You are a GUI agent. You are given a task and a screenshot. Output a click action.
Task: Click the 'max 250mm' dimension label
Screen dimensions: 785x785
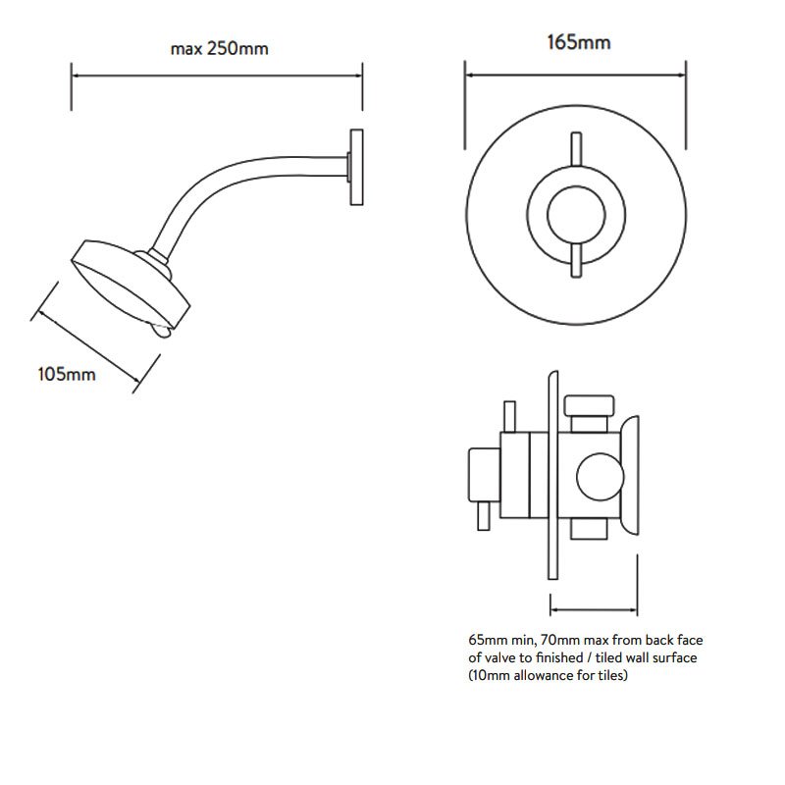(219, 48)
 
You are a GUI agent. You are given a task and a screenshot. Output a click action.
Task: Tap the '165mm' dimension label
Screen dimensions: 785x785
(579, 42)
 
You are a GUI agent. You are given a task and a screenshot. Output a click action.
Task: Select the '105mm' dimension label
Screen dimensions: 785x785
(67, 374)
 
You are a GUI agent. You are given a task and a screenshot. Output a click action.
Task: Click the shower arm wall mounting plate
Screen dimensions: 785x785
(356, 167)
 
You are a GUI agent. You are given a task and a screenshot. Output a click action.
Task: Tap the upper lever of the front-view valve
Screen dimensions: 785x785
(576, 149)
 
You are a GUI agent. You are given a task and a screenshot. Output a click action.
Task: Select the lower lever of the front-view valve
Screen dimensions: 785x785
(576, 260)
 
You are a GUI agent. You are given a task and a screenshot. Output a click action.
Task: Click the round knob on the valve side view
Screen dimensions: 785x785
(600, 477)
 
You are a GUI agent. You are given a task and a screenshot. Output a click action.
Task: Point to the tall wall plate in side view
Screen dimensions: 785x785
(553, 475)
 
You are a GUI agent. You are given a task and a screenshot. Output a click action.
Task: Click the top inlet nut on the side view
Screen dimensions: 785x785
(590, 406)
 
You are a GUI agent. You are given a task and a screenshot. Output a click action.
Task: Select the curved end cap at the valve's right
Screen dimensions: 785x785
(630, 476)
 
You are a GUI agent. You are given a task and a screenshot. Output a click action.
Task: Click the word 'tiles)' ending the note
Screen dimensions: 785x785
(612, 675)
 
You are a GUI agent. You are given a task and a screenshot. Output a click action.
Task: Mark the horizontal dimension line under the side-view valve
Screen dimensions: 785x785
(594, 609)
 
